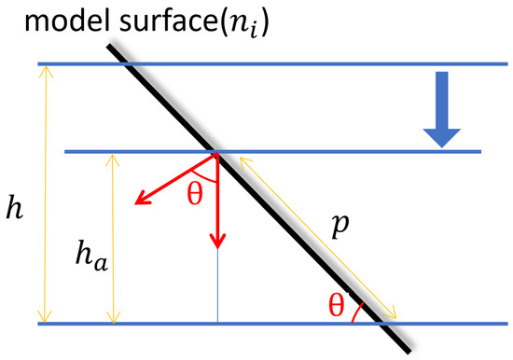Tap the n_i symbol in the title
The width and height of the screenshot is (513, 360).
pos(243,26)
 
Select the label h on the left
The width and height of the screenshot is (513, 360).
pos(15,207)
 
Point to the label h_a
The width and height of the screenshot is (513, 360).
pos(91,256)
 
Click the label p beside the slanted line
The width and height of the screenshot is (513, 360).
pos(340,226)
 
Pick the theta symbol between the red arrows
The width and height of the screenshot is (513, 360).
pos(195,194)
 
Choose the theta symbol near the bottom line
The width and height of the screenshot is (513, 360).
pos(337,305)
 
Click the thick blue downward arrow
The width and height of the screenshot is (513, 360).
pos(442,109)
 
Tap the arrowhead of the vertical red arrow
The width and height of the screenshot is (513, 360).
pos(217,241)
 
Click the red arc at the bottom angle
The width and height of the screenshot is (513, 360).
pos(356,312)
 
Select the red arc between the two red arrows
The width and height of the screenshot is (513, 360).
pos(203,177)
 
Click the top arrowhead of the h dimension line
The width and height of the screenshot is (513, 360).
pos(46,72)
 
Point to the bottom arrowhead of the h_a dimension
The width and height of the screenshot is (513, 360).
pos(113,317)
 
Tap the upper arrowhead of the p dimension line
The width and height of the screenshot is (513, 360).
pos(245,162)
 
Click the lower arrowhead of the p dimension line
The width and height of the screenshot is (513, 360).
pos(391,312)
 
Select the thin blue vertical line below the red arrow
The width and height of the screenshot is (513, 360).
pos(217,286)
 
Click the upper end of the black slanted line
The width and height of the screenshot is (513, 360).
pos(109,46)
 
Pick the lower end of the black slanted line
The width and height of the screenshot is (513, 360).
pos(409,352)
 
